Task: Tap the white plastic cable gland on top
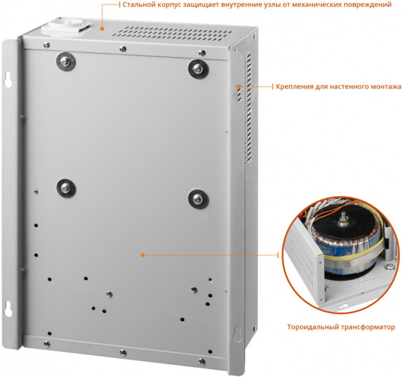click(66, 27)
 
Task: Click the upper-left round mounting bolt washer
click(66, 62)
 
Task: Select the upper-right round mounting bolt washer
click(198, 69)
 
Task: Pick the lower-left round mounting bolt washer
click(66, 188)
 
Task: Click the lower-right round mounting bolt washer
click(198, 199)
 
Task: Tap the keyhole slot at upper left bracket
click(7, 80)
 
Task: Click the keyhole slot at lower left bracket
click(8, 309)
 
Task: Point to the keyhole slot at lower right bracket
click(238, 333)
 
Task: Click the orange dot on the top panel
click(102, 29)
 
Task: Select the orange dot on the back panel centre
click(143, 255)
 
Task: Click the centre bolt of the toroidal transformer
click(342, 218)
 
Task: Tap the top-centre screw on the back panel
click(123, 49)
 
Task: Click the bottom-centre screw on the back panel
click(123, 353)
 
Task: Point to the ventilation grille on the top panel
click(172, 34)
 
